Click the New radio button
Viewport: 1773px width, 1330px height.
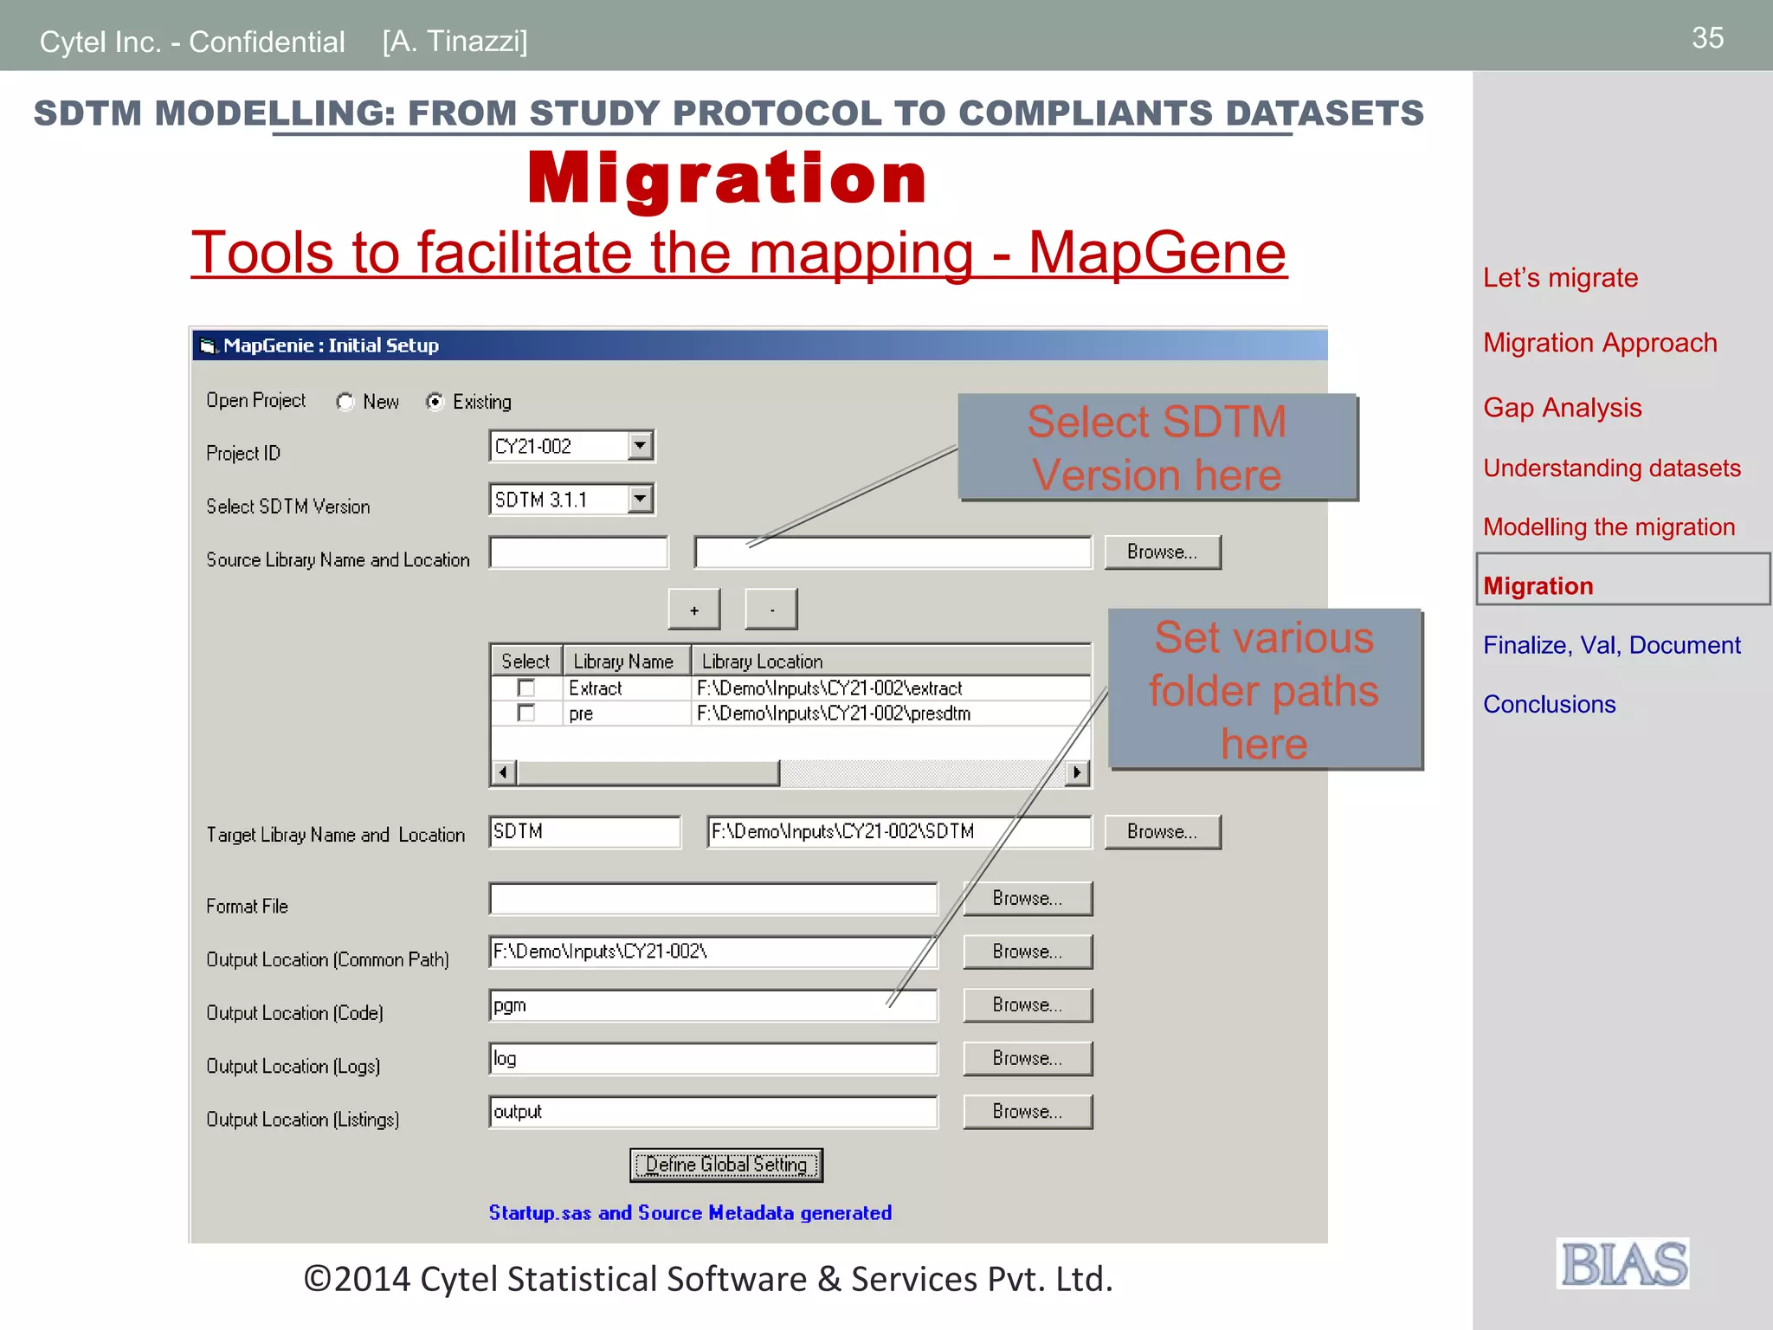pyautogui.click(x=345, y=402)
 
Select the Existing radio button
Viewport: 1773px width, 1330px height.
pyautogui.click(x=435, y=402)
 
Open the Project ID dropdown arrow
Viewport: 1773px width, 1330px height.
pyautogui.click(x=640, y=446)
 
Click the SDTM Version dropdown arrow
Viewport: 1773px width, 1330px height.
pyautogui.click(x=640, y=499)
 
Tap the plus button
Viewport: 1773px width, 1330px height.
pyautogui.click(x=694, y=610)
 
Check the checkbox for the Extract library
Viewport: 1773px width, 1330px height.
pyautogui.click(x=525, y=688)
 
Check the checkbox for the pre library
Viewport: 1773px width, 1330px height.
pyautogui.click(x=525, y=713)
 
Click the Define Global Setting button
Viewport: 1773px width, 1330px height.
pyautogui.click(x=726, y=1165)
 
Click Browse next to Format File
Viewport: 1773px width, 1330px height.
pyautogui.click(x=1028, y=899)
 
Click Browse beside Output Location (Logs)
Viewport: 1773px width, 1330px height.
pyautogui.click(x=1028, y=1059)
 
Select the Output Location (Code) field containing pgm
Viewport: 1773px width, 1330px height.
pyautogui.click(x=712, y=1006)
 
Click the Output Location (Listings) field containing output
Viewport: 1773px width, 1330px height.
pyautogui.click(x=712, y=1113)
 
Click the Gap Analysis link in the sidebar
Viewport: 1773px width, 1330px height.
pyautogui.click(x=1562, y=408)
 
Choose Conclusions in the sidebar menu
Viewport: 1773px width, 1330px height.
pyautogui.click(x=1549, y=705)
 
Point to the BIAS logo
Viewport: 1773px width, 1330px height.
pyautogui.click(x=1623, y=1264)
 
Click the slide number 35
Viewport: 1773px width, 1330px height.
pyautogui.click(x=1707, y=38)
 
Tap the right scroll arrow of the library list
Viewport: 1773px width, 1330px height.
pyautogui.click(x=1076, y=772)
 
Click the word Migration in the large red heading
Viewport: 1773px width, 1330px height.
pyautogui.click(x=727, y=178)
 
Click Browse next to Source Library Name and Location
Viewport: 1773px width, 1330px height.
pyautogui.click(x=1162, y=552)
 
